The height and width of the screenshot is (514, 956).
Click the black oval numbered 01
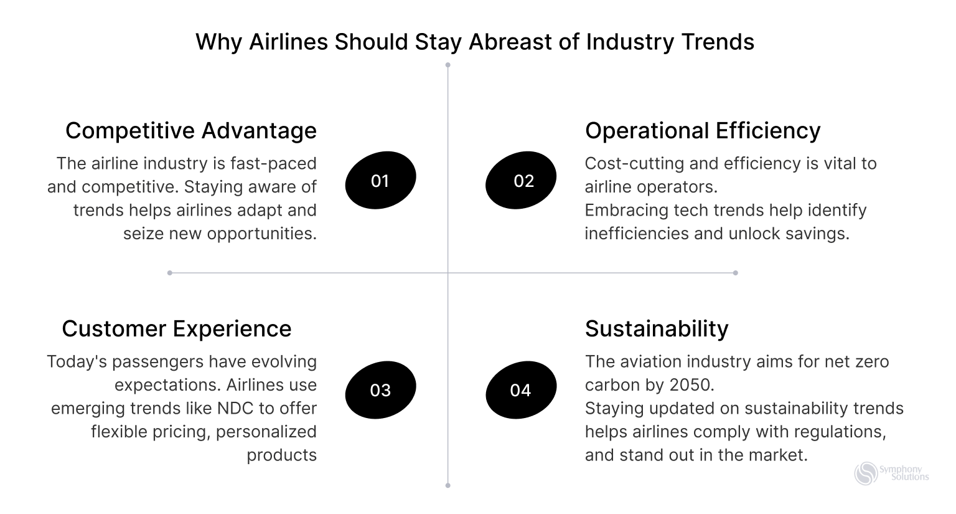pos(380,180)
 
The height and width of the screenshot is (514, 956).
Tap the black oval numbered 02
pos(520,180)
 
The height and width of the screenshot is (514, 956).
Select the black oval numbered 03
pos(380,390)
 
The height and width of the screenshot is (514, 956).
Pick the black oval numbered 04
pos(520,390)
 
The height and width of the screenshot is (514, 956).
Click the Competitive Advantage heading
pos(191,131)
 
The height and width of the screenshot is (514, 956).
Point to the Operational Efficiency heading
pos(703,131)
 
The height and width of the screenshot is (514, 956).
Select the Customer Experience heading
pos(177,329)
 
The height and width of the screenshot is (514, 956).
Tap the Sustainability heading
pos(657,329)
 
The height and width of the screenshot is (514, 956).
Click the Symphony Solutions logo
pos(891,474)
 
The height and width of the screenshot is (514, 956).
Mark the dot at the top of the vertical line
pos(448,65)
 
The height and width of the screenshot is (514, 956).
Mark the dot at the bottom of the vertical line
pos(448,485)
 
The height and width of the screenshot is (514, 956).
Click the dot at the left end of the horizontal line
pos(170,273)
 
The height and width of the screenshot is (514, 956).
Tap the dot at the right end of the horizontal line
pos(736,273)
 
